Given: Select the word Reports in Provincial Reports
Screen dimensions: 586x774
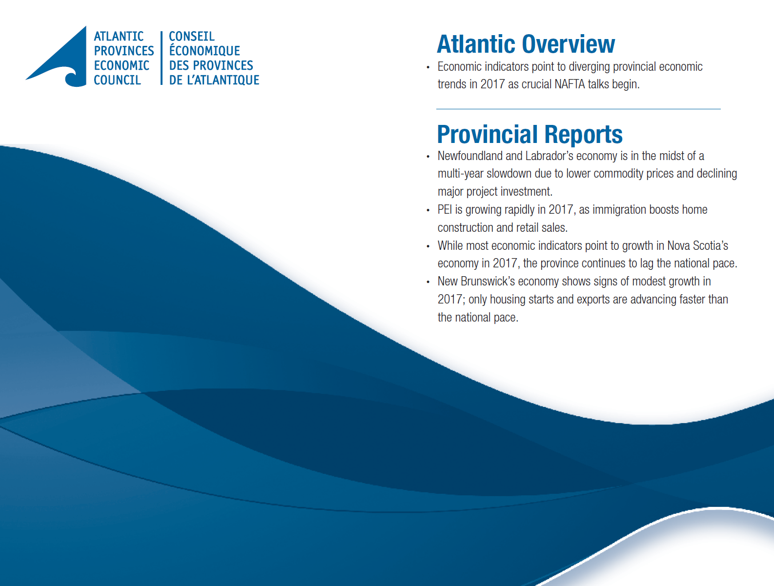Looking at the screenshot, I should tap(583, 135).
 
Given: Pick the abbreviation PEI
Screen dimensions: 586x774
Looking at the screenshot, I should tap(445, 210).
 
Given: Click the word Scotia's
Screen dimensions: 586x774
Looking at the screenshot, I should tap(711, 245).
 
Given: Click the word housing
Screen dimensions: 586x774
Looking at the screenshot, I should tap(508, 300).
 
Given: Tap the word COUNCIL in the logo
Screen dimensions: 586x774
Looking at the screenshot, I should tap(117, 80).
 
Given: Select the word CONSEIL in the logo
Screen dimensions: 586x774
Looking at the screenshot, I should tap(191, 37).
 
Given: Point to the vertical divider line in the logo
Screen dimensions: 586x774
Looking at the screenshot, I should tap(161, 58).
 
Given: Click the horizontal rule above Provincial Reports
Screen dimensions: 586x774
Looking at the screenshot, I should tap(578, 109).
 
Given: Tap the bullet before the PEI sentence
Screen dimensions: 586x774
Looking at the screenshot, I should tap(428, 210).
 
